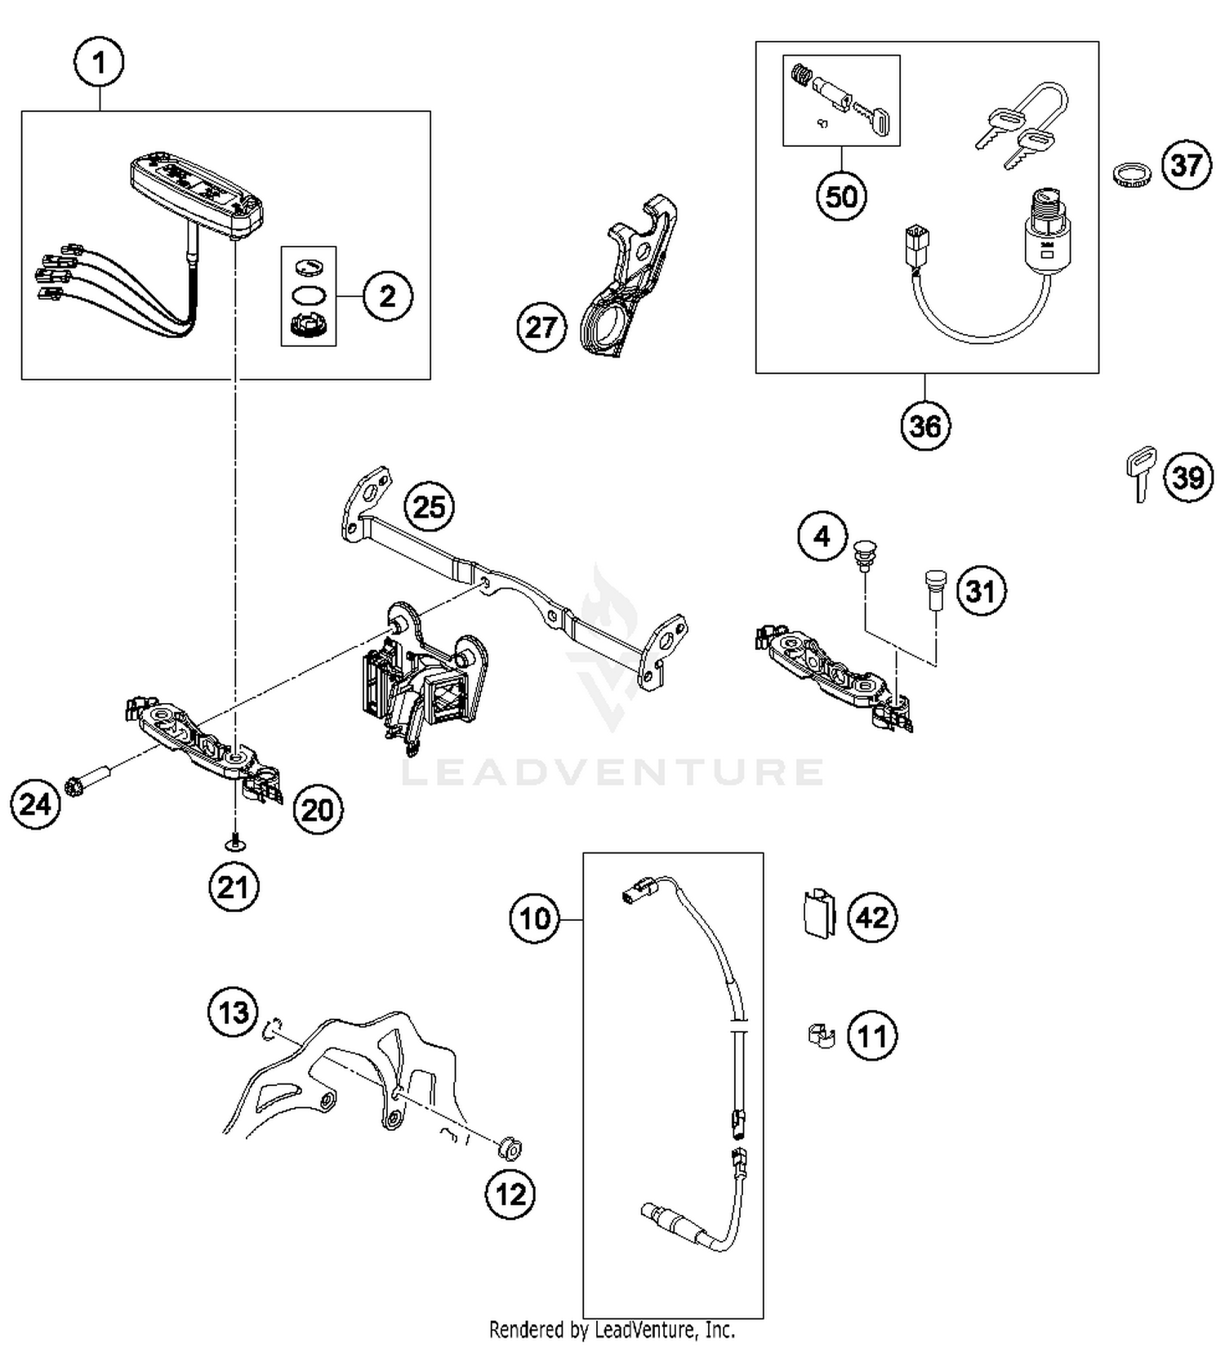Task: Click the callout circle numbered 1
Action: pos(100,62)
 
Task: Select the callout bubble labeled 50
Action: pos(841,197)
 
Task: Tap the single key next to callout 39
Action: pos(1140,472)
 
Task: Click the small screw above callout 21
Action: pos(235,842)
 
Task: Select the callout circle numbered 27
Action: pos(541,327)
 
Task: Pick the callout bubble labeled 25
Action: pos(430,506)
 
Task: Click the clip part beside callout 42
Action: pos(817,912)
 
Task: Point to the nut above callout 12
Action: pos(510,1150)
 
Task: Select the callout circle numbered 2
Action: pos(387,296)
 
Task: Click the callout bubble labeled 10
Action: pos(535,919)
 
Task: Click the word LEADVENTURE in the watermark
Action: pos(612,772)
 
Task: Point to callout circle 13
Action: pos(233,1013)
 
